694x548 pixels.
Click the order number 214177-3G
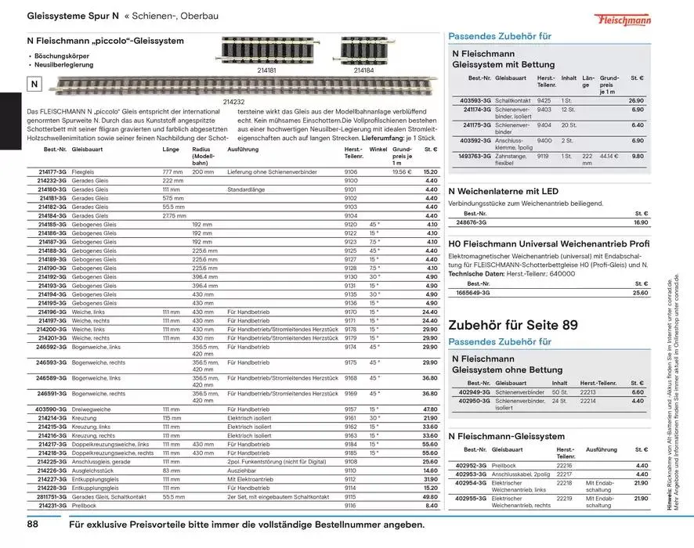pos(52,171)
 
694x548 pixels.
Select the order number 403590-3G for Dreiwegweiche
pos(51,409)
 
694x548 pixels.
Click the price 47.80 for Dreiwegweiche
pos(429,409)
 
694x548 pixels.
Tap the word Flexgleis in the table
pos(82,171)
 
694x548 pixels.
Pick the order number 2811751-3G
pos(51,496)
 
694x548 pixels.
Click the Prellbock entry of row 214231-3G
pos(84,506)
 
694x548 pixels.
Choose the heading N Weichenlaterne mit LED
pos(503,191)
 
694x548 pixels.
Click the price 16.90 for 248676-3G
pos(640,222)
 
